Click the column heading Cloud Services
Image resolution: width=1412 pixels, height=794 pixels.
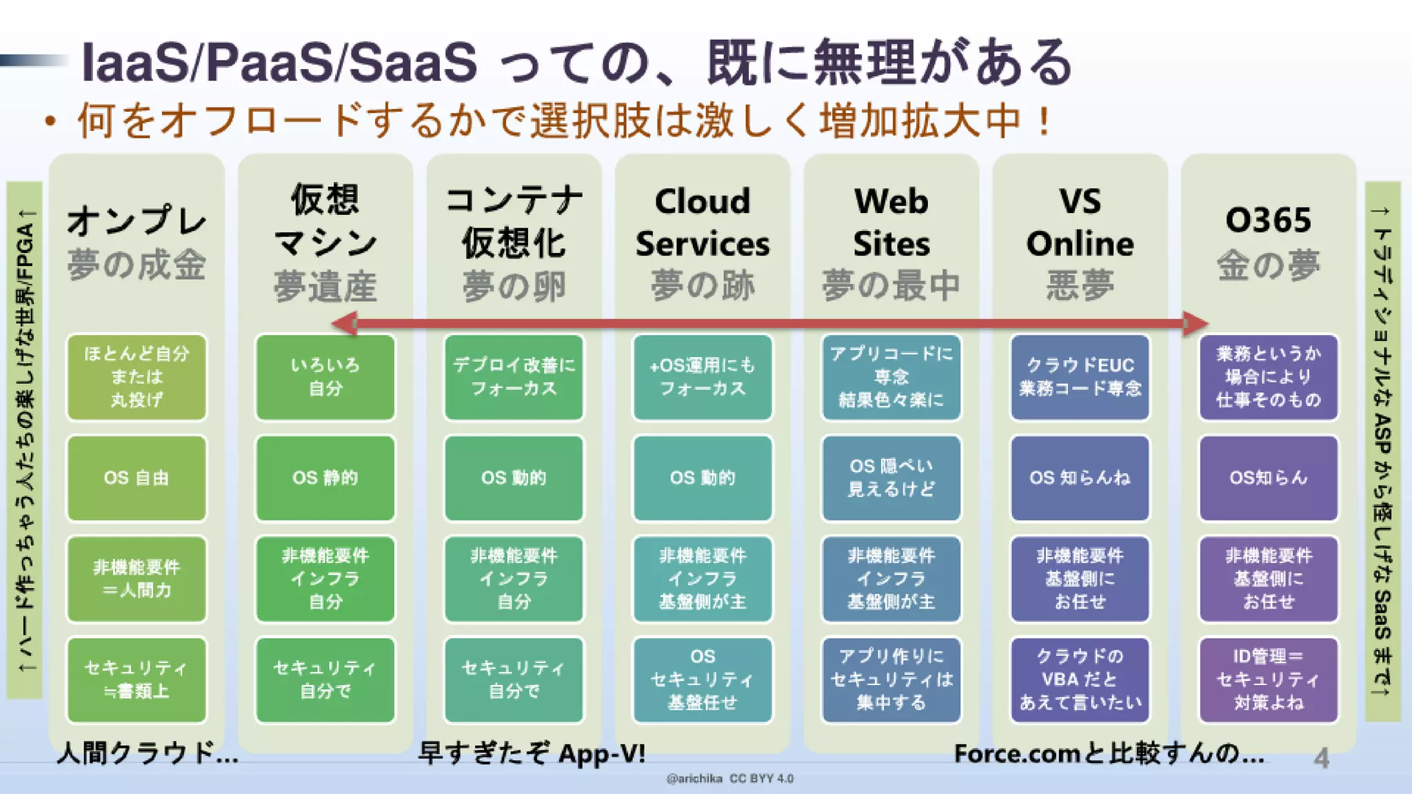pyautogui.click(x=703, y=223)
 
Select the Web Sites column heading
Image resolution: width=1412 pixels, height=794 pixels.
pyautogui.click(x=891, y=223)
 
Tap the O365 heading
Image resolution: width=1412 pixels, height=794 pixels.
pyautogui.click(x=1268, y=221)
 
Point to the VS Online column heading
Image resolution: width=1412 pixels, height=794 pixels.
pyautogui.click(x=1080, y=223)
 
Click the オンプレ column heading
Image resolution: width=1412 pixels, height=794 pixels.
pyautogui.click(x=137, y=221)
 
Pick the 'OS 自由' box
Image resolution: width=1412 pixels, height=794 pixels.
pyautogui.click(x=137, y=478)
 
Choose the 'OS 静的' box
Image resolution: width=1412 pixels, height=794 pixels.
pyautogui.click(x=325, y=478)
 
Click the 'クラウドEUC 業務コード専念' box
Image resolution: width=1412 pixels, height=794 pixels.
pyautogui.click(x=1080, y=377)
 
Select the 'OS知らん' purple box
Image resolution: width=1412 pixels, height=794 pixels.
pyautogui.click(x=1269, y=478)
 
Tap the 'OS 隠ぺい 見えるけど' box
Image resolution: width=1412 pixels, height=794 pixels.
pyautogui.click(x=891, y=478)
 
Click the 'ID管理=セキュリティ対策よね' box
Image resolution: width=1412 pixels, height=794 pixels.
pyautogui.click(x=1269, y=680)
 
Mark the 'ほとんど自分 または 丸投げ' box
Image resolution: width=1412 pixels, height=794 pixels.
pyautogui.click(x=137, y=377)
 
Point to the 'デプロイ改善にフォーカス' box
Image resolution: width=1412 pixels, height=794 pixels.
pyautogui.click(x=514, y=377)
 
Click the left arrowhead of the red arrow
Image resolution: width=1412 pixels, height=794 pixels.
pyautogui.click(x=343, y=323)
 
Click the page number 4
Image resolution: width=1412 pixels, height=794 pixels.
pyautogui.click(x=1321, y=758)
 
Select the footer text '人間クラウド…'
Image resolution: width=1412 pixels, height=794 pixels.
pyautogui.click(x=148, y=753)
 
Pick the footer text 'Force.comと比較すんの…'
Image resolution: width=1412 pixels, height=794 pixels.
pyautogui.click(x=1109, y=753)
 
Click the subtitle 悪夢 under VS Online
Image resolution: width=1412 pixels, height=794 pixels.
pyautogui.click(x=1080, y=285)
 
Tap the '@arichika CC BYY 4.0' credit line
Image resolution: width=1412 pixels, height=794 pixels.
pyautogui.click(x=729, y=779)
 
